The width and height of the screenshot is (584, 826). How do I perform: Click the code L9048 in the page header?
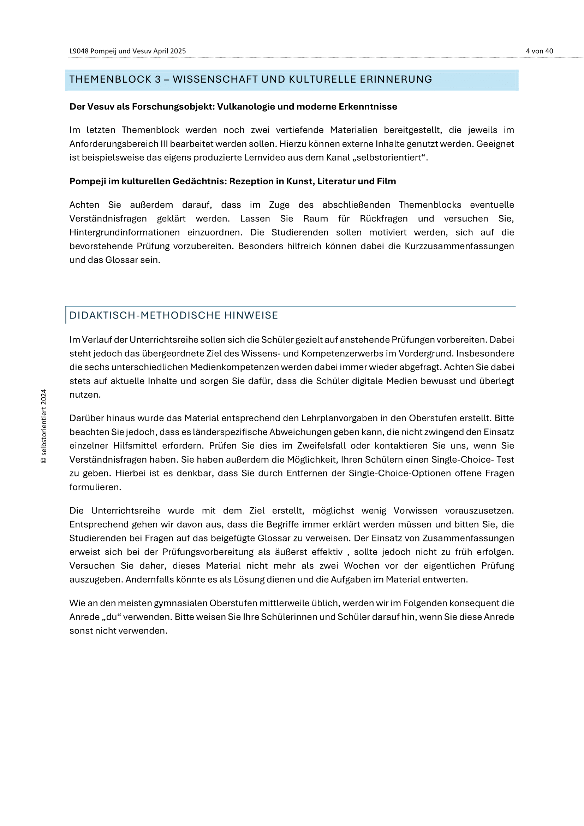point(79,51)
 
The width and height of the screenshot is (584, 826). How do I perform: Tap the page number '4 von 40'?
point(539,51)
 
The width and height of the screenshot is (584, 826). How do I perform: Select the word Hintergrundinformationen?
point(124,232)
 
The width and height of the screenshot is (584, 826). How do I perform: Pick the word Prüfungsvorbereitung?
point(208,552)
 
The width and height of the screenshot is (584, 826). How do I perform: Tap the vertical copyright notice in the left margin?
point(44,426)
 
